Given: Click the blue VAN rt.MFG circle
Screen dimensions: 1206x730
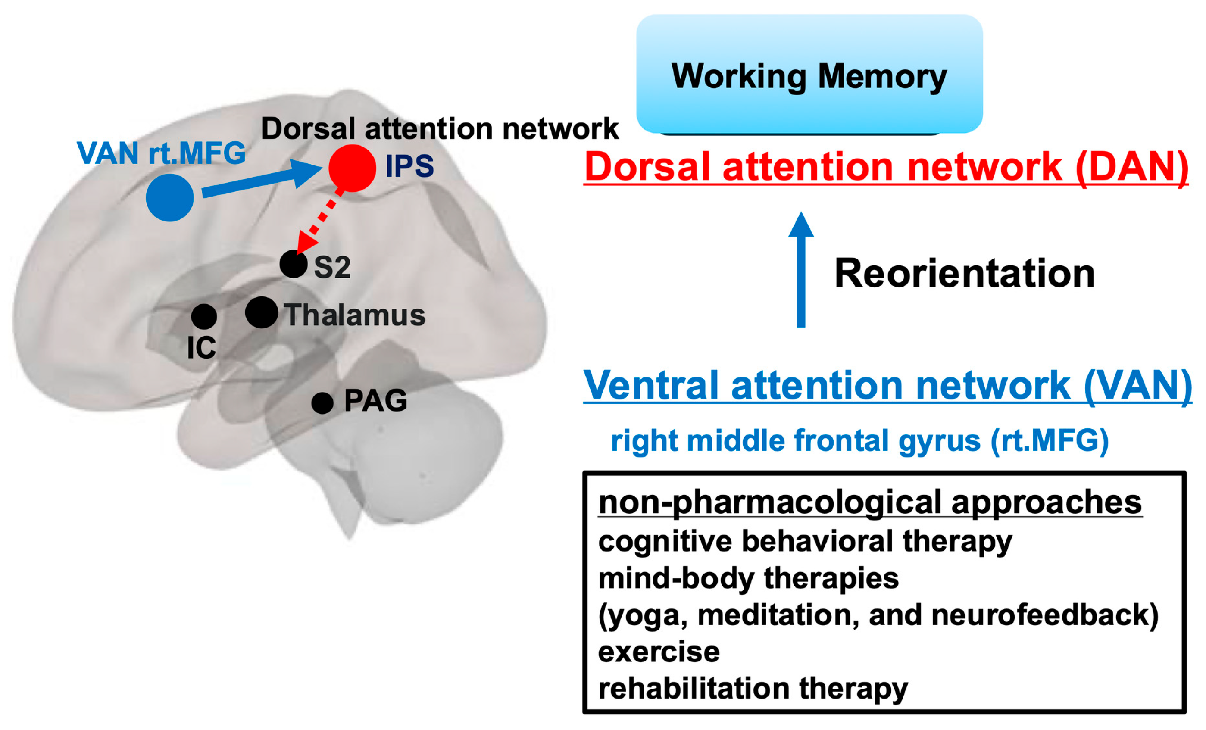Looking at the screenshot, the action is (170, 198).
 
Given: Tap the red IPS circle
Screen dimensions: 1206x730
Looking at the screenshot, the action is (353, 168).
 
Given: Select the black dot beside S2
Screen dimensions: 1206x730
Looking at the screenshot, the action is (294, 264).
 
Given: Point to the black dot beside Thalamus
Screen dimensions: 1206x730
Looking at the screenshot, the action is (262, 312).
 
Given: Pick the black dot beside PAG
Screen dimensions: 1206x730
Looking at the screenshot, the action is (322, 403).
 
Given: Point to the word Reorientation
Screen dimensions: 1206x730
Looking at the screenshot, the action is (965, 273).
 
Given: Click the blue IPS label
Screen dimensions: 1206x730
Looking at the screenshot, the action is (409, 166).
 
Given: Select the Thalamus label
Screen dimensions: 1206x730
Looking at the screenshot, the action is (355, 314).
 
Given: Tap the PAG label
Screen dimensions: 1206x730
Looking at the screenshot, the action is (375, 401).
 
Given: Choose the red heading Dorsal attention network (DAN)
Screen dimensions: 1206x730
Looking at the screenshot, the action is (886, 167).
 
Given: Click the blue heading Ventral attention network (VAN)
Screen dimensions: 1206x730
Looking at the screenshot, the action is (888, 386).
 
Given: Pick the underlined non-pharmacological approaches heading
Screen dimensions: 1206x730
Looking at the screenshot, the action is (870, 502).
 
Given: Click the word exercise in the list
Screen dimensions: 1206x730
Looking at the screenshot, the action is (659, 652).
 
